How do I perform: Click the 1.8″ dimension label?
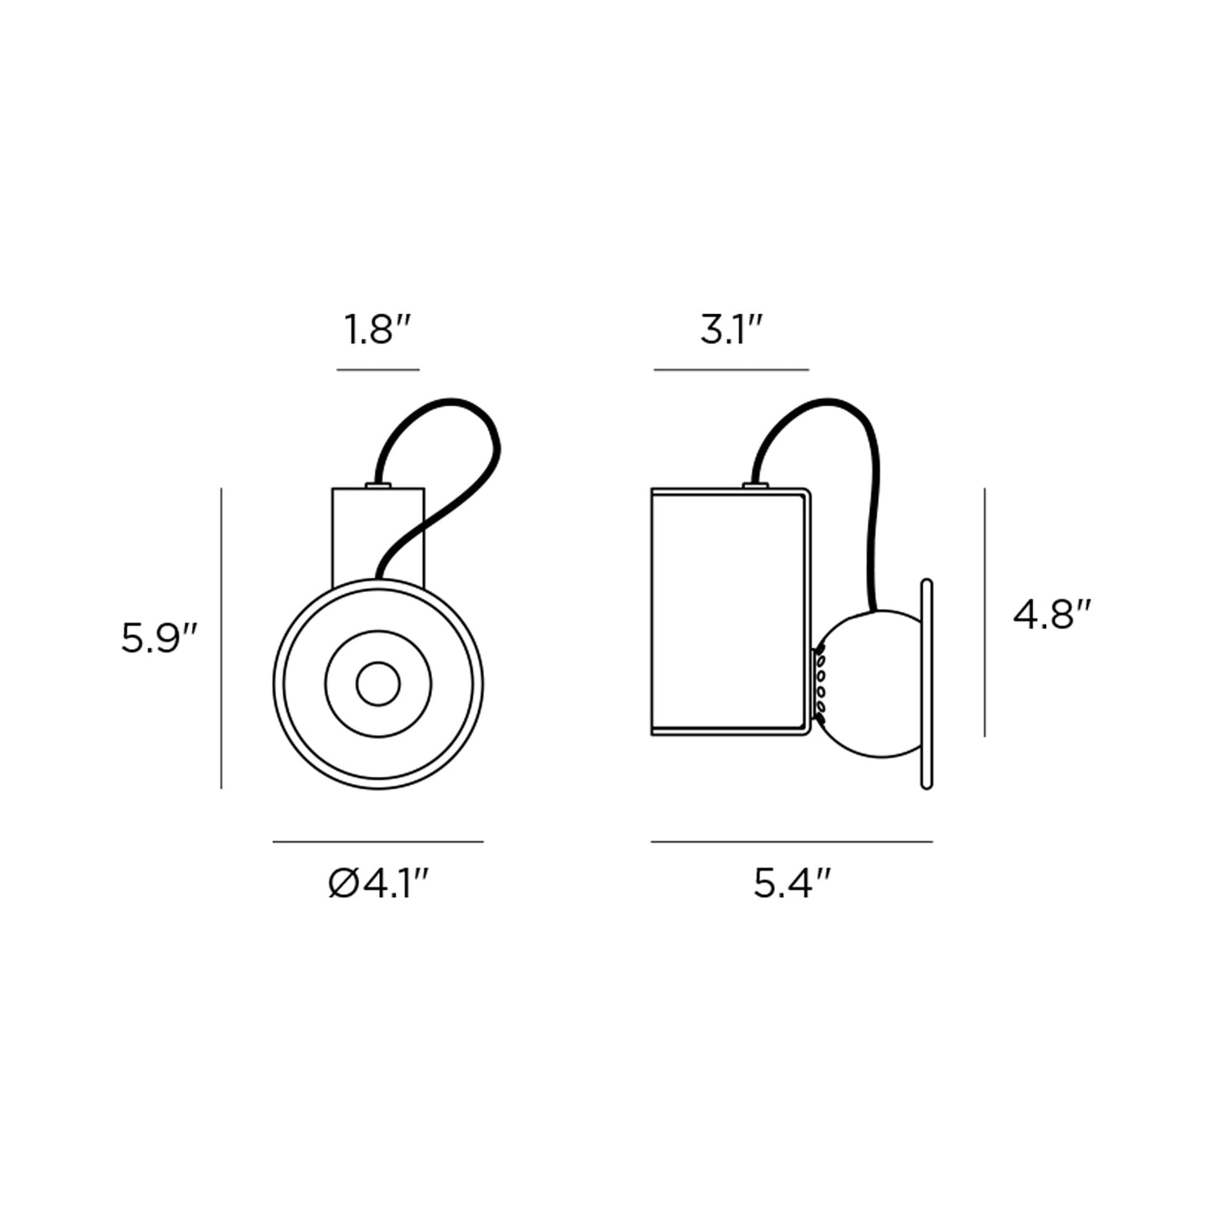380,331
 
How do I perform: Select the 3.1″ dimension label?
731,331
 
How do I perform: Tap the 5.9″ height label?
159,640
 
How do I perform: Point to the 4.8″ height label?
1053,616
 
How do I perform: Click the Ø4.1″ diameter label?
379,883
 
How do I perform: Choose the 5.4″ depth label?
792,883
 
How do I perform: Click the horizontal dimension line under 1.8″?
377,369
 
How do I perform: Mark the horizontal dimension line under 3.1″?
731,369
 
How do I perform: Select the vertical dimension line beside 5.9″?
221,638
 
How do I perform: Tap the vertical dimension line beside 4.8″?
985,612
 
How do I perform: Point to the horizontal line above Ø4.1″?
378,841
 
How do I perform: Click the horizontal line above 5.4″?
792,841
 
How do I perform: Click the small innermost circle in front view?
378,684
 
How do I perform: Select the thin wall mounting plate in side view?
927,684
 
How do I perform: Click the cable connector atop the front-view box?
378,485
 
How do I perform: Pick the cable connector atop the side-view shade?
756,485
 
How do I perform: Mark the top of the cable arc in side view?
830,402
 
